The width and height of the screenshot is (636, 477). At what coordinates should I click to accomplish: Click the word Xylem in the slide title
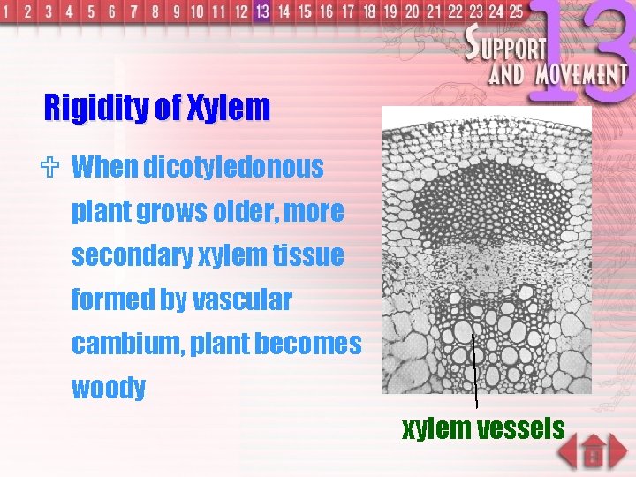click(x=228, y=108)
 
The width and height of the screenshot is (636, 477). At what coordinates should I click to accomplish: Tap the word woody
click(x=109, y=388)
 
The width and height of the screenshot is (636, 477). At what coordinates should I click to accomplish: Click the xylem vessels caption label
click(x=483, y=428)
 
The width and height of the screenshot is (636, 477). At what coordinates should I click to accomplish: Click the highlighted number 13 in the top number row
click(x=261, y=11)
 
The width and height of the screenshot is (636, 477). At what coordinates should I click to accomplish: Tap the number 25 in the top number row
click(x=515, y=11)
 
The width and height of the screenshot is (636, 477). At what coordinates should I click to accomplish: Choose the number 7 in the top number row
click(x=134, y=11)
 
